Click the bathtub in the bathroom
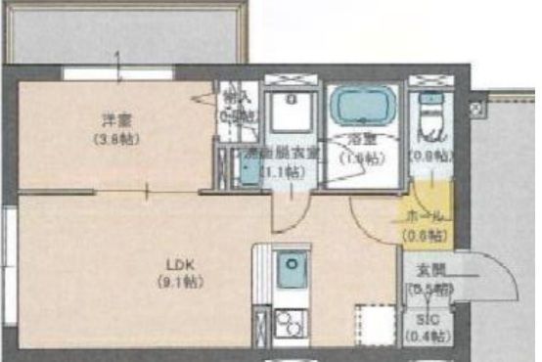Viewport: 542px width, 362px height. tap(361, 104)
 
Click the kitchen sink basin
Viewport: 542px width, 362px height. tap(292, 269)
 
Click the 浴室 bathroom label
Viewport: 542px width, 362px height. tap(362, 138)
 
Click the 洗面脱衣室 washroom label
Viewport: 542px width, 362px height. tap(283, 153)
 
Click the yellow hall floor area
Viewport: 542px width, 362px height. tap(430, 201)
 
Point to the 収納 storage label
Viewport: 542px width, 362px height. tap(232, 97)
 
